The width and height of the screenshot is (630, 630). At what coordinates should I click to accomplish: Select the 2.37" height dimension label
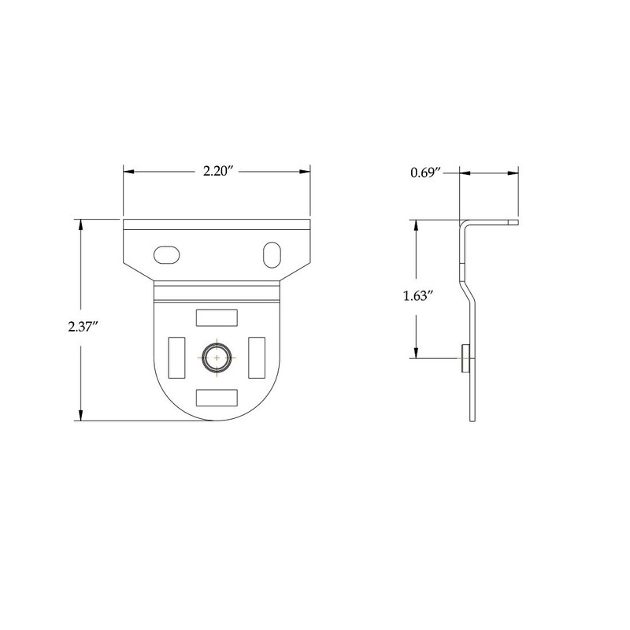coord(83,328)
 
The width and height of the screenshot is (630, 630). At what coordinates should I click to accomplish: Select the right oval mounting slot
coord(270,254)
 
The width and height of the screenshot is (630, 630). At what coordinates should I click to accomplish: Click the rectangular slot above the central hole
coord(217,317)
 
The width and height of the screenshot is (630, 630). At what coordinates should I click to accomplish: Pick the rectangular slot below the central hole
coord(217,396)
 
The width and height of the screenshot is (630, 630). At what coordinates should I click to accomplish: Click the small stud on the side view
coord(464,358)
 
